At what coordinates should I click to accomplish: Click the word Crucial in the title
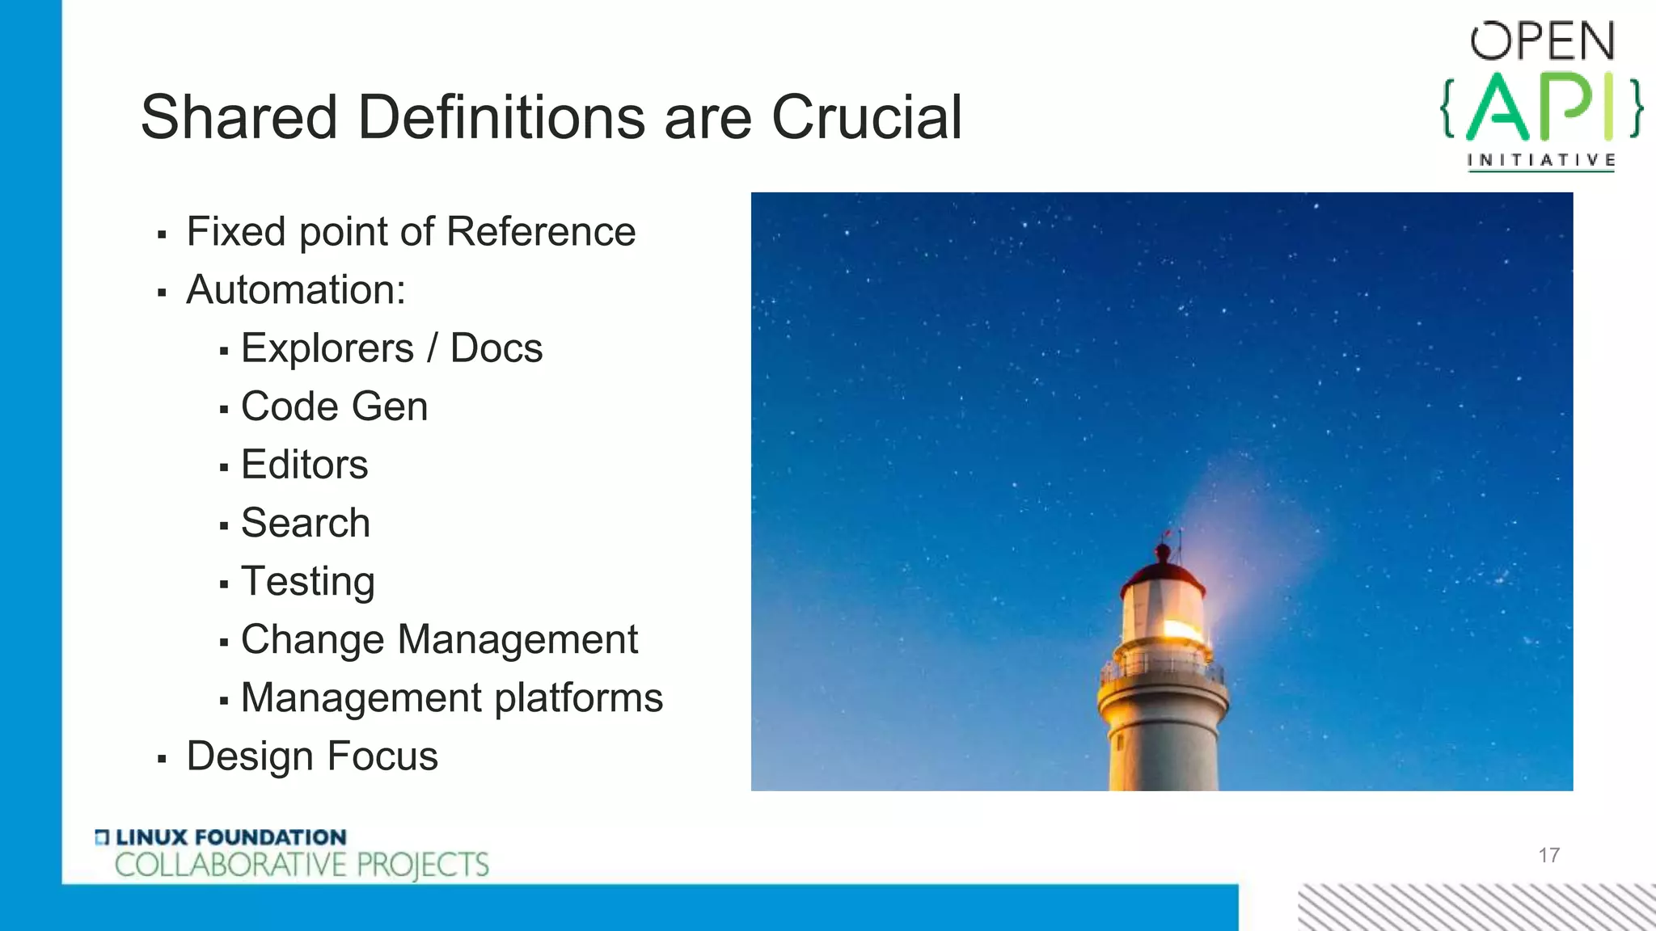tap(866, 118)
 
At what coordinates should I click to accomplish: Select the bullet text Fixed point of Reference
tap(411, 232)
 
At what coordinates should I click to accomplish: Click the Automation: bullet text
tap(296, 290)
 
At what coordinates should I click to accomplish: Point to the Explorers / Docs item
tap(391, 348)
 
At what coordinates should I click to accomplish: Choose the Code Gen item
tap(334, 407)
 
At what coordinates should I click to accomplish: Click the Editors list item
tap(304, 465)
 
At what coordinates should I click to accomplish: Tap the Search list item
tap(306, 523)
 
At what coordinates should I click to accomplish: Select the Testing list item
tap(308, 582)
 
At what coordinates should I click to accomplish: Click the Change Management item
tap(439, 639)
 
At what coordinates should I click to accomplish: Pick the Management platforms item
tap(451, 697)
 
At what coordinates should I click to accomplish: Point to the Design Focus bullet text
tap(312, 756)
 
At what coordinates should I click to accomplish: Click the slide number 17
tap(1548, 855)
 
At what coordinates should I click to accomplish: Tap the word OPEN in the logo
tap(1542, 42)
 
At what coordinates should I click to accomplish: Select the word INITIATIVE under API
tap(1541, 160)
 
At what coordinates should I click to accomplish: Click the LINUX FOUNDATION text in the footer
tap(230, 837)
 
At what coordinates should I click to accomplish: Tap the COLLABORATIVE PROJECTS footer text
tap(302, 865)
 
